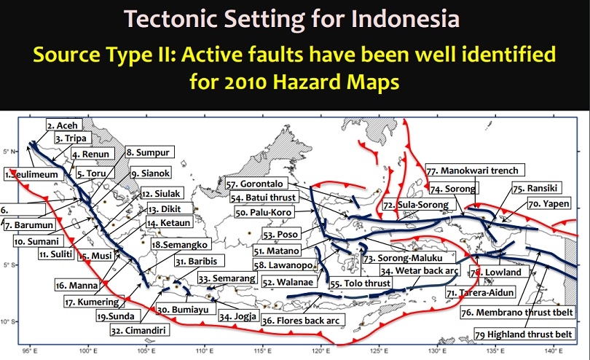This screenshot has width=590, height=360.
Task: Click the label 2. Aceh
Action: [63, 125]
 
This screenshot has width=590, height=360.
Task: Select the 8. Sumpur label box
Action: [148, 152]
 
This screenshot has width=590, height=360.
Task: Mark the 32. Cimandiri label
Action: [136, 329]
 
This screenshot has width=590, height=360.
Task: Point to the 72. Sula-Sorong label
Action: [418, 206]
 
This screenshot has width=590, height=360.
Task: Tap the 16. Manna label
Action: [72, 286]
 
